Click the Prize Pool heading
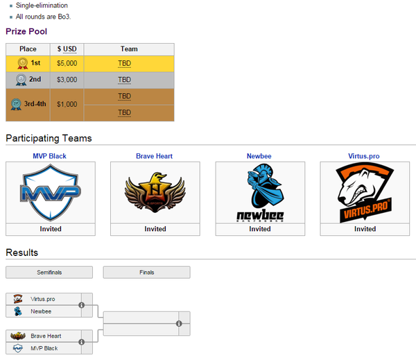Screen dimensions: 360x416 click(26, 31)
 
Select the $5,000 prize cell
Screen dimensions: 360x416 click(67, 63)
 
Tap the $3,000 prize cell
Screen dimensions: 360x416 click(67, 80)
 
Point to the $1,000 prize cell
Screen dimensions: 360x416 click(67, 104)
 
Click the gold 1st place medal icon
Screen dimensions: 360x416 click(21, 63)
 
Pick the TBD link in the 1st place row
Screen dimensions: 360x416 click(124, 63)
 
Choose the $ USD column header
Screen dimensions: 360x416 click(67, 49)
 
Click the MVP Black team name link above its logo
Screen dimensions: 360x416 click(49, 156)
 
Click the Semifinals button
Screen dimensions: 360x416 click(49, 273)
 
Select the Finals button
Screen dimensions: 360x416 click(146, 273)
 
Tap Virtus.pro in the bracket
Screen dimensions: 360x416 click(43, 299)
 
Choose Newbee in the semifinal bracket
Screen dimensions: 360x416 click(41, 311)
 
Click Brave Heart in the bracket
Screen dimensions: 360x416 click(46, 336)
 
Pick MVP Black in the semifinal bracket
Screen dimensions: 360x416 click(44, 348)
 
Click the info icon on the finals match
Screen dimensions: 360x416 click(179, 323)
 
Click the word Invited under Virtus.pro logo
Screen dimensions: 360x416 click(365, 229)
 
